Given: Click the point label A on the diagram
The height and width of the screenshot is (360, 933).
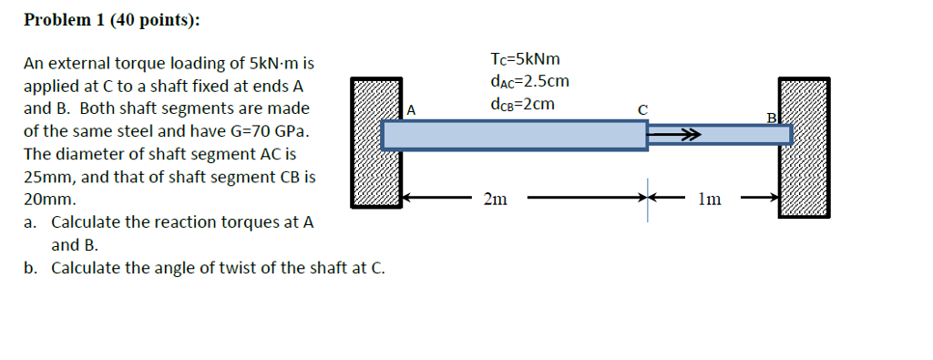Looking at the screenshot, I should click(x=411, y=110).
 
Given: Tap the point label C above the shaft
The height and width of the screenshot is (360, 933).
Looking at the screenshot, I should click(x=642, y=109).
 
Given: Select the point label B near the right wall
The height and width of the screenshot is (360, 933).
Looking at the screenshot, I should click(x=771, y=118).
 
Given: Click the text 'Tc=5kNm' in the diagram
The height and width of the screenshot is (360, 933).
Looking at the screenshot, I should click(x=524, y=59).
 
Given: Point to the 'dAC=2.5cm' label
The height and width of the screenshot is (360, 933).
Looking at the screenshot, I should click(x=528, y=81).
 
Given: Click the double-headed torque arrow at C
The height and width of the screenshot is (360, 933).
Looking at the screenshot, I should click(x=674, y=135).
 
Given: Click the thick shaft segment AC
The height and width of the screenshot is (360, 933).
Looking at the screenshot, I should click(x=514, y=135).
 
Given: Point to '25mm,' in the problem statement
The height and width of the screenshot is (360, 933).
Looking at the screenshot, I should click(x=43, y=176).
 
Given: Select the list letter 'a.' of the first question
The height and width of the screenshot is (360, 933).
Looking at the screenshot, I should click(x=32, y=222).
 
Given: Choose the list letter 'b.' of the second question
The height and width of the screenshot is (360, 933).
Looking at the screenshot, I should click(x=32, y=268).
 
